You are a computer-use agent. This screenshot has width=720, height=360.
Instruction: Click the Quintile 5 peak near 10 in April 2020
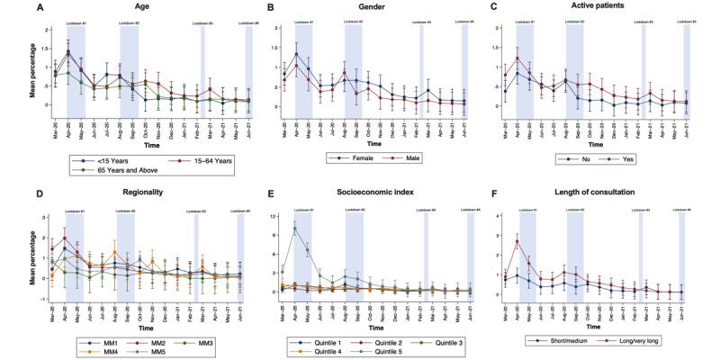tap(294, 229)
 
